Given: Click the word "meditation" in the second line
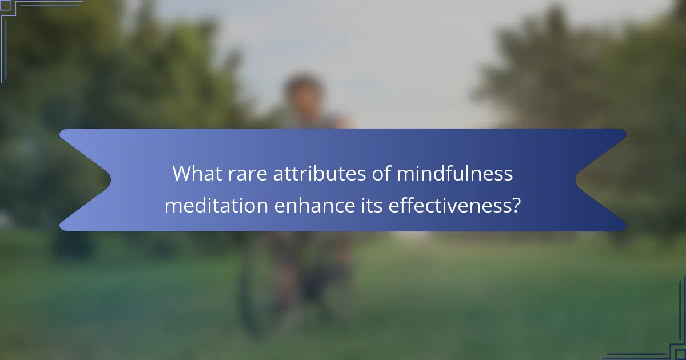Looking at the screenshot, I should (x=216, y=206).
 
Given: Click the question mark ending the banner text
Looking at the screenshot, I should (x=516, y=206).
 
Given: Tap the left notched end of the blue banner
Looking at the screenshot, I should (x=86, y=180).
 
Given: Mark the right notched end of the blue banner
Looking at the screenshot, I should (x=600, y=180).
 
